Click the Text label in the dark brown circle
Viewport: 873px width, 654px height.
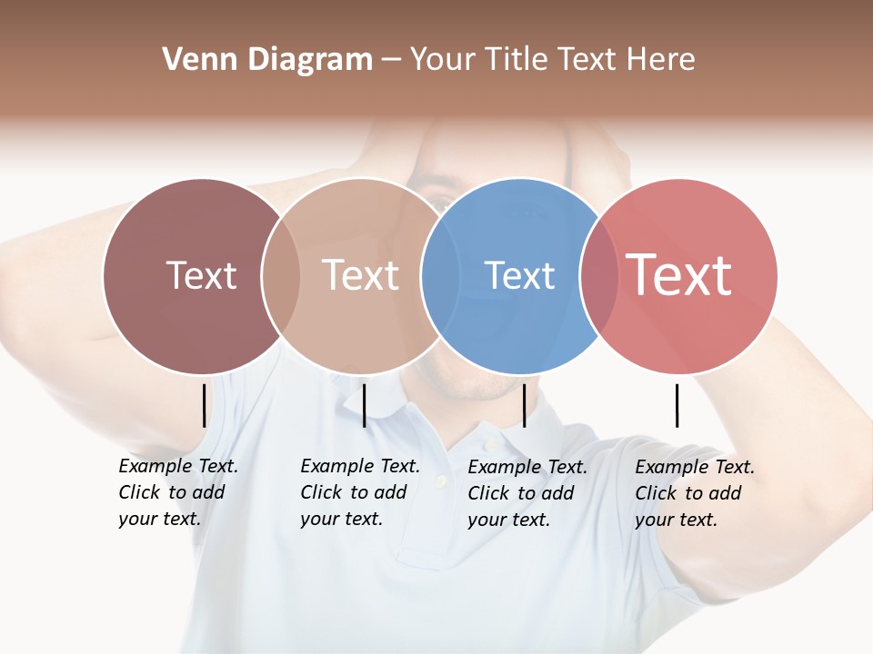point(201,275)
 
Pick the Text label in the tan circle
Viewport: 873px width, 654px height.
point(360,275)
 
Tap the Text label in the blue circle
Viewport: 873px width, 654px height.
point(519,275)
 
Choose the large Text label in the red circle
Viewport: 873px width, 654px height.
point(678,275)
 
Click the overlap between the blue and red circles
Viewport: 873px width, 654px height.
point(599,275)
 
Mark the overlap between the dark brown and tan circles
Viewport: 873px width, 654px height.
point(281,275)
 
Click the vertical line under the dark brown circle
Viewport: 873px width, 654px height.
point(204,405)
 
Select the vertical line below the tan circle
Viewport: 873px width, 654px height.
point(364,405)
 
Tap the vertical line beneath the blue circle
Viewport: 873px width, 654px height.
point(524,405)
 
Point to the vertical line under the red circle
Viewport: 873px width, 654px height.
point(677,405)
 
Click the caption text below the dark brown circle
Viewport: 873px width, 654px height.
point(177,492)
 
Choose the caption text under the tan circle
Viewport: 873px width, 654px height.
point(359,492)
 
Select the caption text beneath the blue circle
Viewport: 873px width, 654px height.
point(527,493)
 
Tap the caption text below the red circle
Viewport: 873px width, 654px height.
point(694,493)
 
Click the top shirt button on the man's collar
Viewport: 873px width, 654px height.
point(491,445)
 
